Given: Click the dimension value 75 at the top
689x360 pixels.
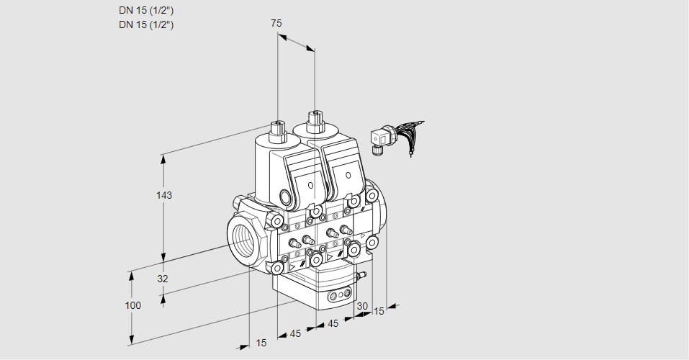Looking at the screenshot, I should [x=276, y=23].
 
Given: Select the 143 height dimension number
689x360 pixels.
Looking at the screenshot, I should [x=165, y=195].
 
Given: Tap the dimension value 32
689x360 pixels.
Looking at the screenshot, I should [x=163, y=279].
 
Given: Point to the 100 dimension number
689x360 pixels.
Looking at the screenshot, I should [x=132, y=305].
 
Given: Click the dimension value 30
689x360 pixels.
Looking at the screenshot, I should [x=362, y=306].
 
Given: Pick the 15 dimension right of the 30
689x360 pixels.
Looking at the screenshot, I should [x=379, y=311].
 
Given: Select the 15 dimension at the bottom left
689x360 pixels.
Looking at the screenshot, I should [x=261, y=343].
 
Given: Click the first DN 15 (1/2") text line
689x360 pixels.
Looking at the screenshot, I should [x=146, y=10].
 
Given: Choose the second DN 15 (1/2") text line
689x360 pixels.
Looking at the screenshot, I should [x=146, y=24].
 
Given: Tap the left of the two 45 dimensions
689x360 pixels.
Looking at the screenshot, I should [x=295, y=333].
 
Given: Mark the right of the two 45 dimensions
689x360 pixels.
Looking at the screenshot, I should [x=333, y=324].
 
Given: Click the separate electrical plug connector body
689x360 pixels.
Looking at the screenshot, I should [x=379, y=137].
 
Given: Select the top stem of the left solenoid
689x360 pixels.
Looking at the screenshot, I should [x=277, y=130].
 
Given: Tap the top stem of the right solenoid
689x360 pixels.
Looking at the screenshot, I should [x=314, y=120].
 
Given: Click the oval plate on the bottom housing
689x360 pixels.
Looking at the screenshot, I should [x=339, y=295].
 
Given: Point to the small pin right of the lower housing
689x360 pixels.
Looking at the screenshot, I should [x=361, y=274].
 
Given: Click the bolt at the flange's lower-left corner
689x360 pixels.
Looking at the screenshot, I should [x=276, y=268].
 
